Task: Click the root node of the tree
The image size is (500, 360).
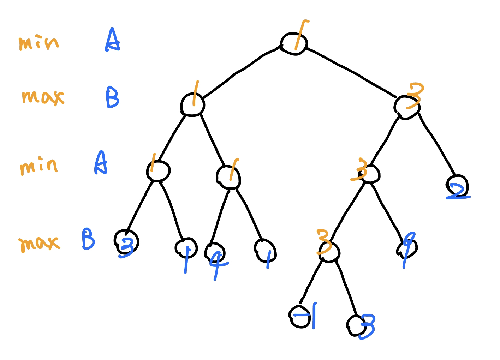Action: click(x=294, y=44)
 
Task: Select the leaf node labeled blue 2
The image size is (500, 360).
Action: click(x=457, y=186)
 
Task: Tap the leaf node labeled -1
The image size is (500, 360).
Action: click(x=300, y=317)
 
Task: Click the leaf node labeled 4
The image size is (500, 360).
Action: click(x=214, y=252)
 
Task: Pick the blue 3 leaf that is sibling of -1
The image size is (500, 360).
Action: click(x=357, y=326)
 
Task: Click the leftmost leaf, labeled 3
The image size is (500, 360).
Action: click(x=126, y=242)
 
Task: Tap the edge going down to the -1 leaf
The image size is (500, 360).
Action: click(x=311, y=282)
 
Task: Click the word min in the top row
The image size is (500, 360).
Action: click(x=39, y=43)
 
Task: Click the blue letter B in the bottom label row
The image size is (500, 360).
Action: click(x=88, y=239)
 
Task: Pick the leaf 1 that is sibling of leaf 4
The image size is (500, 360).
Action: click(x=265, y=250)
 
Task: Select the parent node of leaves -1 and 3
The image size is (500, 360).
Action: click(x=329, y=252)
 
